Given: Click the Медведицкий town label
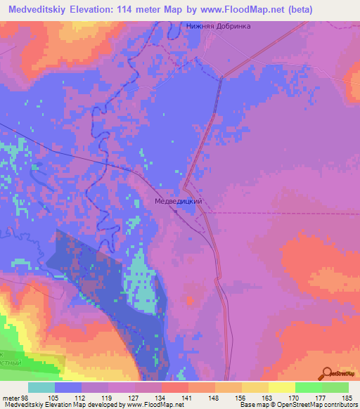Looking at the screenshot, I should pyautogui.click(x=179, y=201).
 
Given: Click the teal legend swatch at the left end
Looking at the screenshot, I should pyautogui.click(x=41, y=387).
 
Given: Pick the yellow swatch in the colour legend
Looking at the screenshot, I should pyautogui.click(x=281, y=387).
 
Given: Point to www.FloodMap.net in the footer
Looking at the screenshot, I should pyautogui.click(x=154, y=405).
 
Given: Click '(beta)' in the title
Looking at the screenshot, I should pyautogui.click(x=278, y=9).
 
